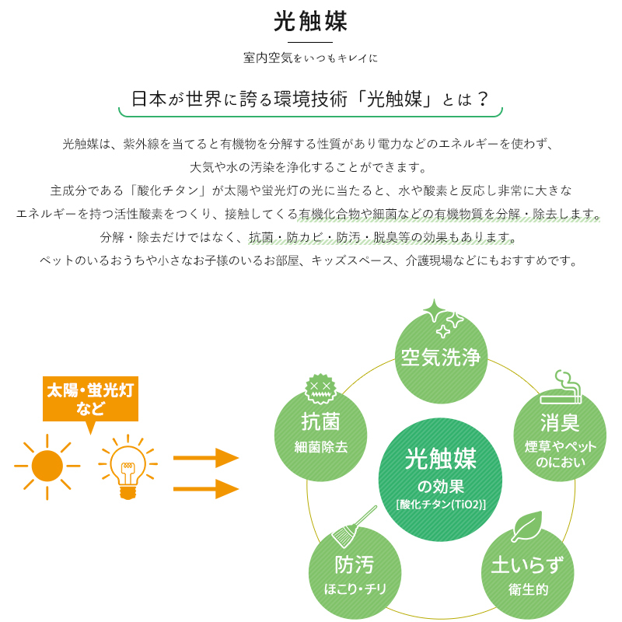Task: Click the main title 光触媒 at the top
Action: click(310, 21)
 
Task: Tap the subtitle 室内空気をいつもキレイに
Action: click(310, 58)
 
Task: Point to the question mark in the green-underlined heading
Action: click(482, 99)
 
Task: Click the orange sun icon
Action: click(47, 466)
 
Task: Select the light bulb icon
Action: click(128, 466)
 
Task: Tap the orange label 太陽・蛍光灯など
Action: click(90, 399)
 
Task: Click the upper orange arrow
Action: click(206, 458)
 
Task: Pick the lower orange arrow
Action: click(206, 489)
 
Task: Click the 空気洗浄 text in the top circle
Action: click(441, 357)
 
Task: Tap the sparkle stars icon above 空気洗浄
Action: click(442, 319)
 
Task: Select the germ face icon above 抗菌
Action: click(320, 389)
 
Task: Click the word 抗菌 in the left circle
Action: click(320, 421)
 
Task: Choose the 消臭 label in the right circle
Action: click(560, 422)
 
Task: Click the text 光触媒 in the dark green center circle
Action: click(440, 459)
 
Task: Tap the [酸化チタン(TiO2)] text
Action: click(441, 504)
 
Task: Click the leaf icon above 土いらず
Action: click(527, 526)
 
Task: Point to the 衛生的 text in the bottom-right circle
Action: click(528, 589)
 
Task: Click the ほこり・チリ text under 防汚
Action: click(355, 589)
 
